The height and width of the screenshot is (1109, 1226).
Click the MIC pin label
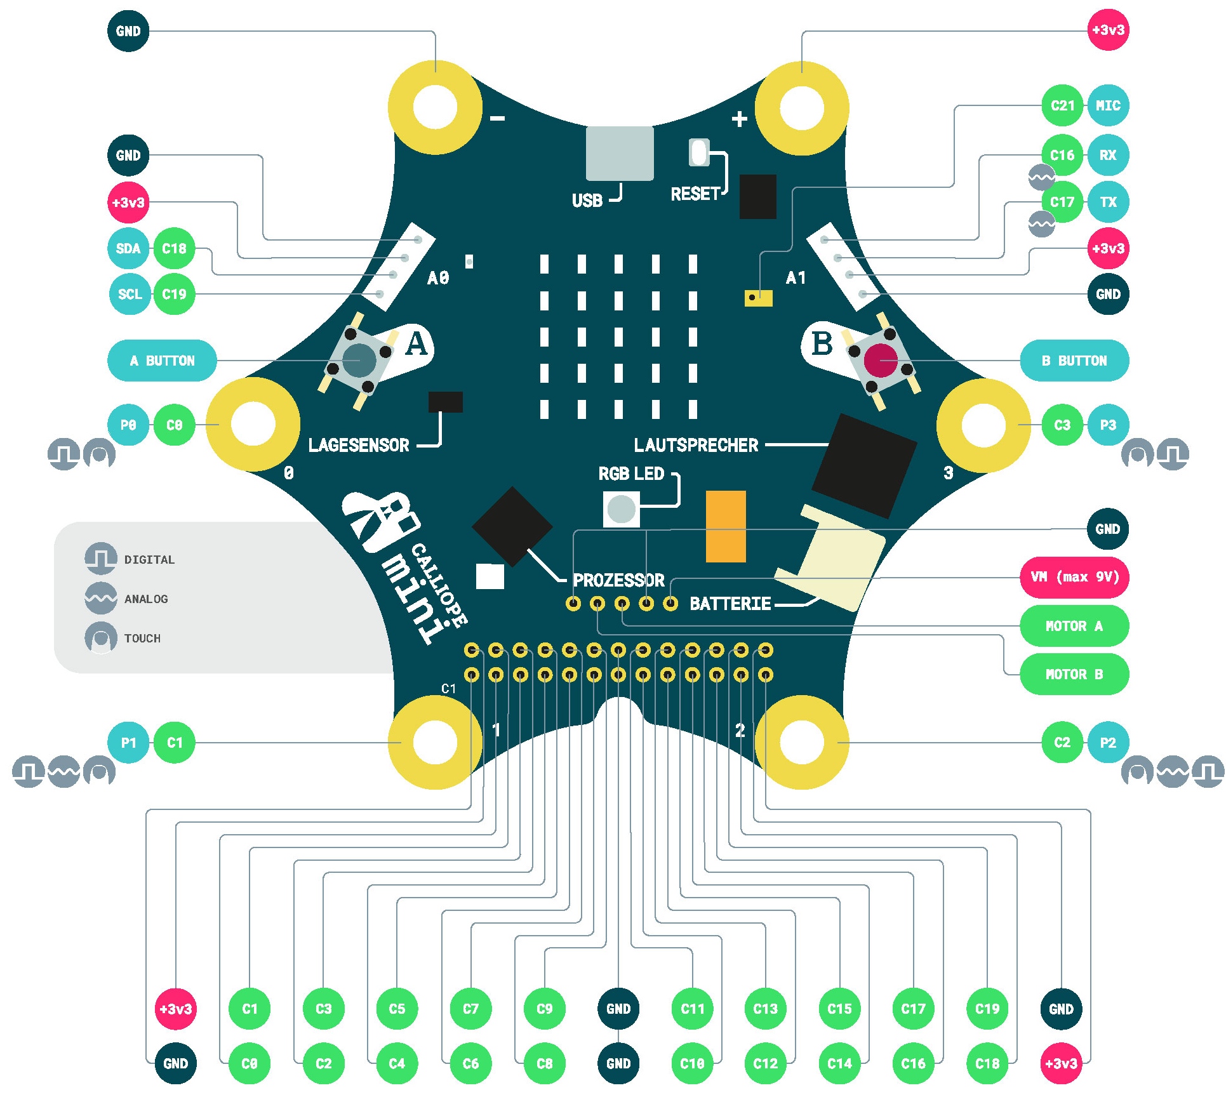[x=1108, y=105]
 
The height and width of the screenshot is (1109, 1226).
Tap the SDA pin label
[x=128, y=248]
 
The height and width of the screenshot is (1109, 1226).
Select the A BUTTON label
[x=162, y=361]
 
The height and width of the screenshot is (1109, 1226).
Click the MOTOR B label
[x=1074, y=674]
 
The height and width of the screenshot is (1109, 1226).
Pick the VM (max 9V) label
[x=1074, y=577]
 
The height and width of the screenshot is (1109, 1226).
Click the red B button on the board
[x=880, y=360]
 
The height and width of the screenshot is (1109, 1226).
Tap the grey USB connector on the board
[x=619, y=153]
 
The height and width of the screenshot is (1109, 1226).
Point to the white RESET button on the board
[x=698, y=152]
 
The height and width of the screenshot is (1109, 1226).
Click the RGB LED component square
[x=621, y=508]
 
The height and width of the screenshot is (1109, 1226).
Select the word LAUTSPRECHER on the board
[x=696, y=445]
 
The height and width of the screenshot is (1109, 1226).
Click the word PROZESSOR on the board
[x=618, y=580]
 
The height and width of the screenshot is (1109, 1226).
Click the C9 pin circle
[x=544, y=1009]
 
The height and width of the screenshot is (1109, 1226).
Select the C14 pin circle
[x=839, y=1063]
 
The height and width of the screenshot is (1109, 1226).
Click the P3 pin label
[x=1108, y=425]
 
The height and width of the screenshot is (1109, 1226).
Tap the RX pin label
[x=1108, y=155]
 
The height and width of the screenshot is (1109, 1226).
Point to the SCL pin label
[x=130, y=294]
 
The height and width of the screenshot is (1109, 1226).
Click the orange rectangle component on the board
[x=726, y=526]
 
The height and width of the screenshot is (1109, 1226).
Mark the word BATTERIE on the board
[x=730, y=603]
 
